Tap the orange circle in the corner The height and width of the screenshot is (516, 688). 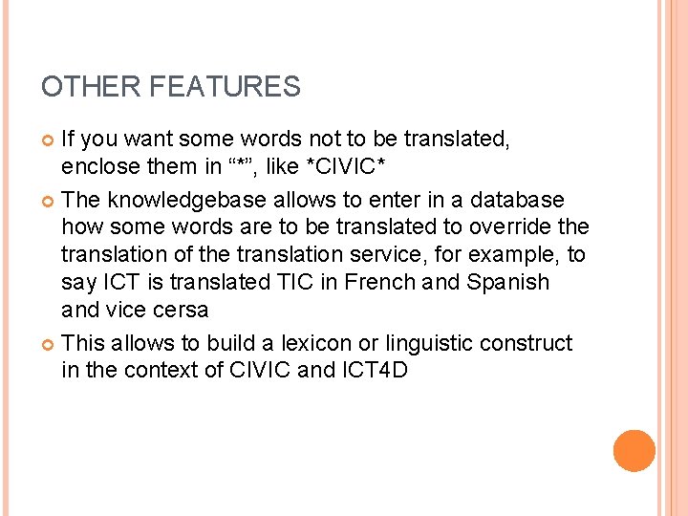point(634,451)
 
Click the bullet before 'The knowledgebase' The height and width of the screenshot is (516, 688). point(50,201)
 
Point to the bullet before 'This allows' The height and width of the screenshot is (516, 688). point(50,344)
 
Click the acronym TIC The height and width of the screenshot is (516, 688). point(295,283)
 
